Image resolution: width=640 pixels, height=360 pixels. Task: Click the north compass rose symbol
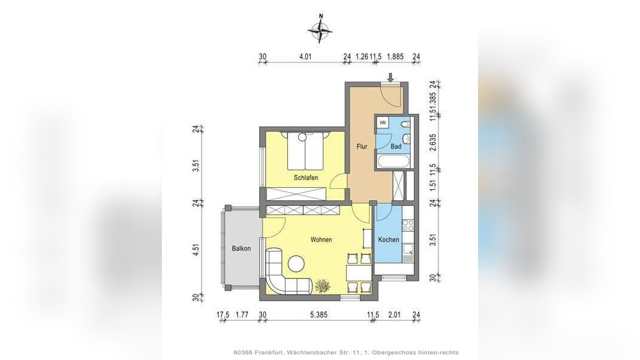pos(320,29)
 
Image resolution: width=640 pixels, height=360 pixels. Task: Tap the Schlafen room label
pos(306,178)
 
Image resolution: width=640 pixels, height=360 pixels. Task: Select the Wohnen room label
pos(321,239)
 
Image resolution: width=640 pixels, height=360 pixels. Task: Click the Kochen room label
pos(389,239)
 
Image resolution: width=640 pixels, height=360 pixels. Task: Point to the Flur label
pos(362,146)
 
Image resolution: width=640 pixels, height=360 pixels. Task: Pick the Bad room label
pos(396,146)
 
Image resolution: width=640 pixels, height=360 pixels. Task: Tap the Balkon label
pos(241,248)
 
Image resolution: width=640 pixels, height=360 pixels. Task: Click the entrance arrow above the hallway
pos(390,77)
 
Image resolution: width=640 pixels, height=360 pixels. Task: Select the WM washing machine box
pos(383,122)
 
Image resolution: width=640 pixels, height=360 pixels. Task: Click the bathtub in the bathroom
pos(393,161)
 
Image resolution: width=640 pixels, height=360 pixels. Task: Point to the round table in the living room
pos(296,263)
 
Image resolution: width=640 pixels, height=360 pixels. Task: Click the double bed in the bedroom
pos(306,151)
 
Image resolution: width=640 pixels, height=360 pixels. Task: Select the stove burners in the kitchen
pos(408,226)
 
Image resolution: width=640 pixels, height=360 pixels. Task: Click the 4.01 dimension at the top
pos(305,57)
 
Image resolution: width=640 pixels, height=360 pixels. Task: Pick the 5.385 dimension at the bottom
pos(319,314)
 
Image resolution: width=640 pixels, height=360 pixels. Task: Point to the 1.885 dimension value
pos(395,57)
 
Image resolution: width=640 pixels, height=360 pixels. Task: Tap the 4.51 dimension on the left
pos(196,250)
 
